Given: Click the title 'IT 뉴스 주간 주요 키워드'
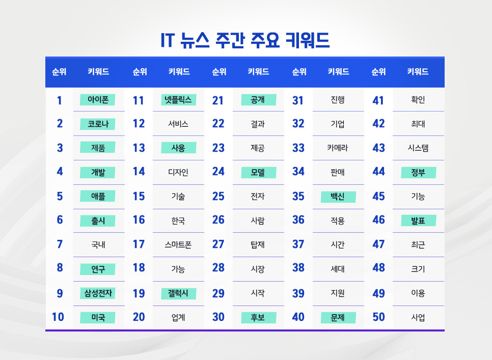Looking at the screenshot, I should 245,40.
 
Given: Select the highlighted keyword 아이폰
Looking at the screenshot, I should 98,100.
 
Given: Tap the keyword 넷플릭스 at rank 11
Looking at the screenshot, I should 178,100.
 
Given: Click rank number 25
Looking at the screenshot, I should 218,196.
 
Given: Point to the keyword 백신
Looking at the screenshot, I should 338,197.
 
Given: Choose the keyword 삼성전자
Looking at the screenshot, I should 98,293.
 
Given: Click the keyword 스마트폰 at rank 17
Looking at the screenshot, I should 178,244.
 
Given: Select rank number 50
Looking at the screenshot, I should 378,317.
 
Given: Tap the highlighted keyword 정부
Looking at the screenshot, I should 418,172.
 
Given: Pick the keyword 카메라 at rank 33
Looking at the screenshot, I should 338,148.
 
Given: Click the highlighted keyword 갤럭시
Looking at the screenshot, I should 178,293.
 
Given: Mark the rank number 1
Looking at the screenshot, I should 60,100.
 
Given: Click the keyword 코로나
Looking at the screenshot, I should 98,124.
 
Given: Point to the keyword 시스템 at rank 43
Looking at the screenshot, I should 418,148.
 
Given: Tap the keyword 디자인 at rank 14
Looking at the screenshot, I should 178,172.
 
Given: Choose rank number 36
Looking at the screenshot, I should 298,220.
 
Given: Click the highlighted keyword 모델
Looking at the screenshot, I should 258,172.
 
